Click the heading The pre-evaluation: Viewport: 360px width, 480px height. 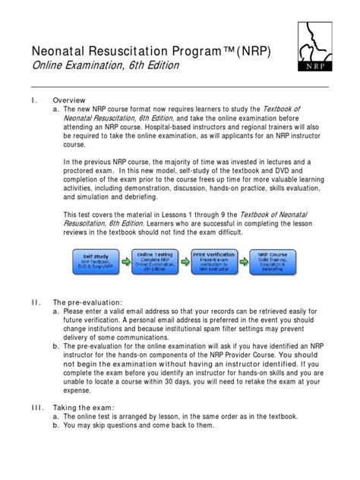[x=90, y=302]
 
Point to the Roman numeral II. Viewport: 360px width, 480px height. [x=35, y=302]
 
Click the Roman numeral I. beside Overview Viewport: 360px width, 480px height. [x=32, y=100]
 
